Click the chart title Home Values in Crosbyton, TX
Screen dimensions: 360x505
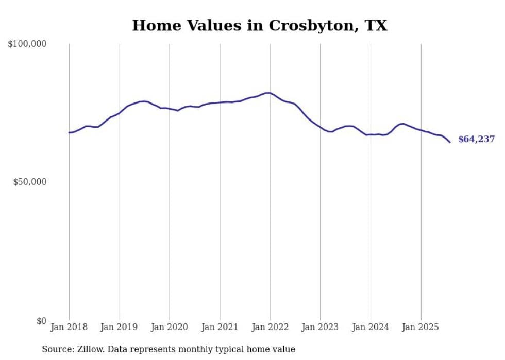tap(259, 25)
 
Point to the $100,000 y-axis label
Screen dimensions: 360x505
tap(27, 44)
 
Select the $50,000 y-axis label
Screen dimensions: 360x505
tap(30, 182)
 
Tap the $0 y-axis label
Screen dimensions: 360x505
tap(41, 321)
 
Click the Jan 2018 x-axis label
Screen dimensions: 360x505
tap(69, 327)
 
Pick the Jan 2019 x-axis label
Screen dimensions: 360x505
tap(120, 327)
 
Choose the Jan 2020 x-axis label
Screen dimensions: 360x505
tap(170, 327)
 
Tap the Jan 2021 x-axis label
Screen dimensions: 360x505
tap(220, 327)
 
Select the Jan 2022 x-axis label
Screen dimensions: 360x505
tap(270, 327)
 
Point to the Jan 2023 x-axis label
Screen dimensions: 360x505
tap(321, 327)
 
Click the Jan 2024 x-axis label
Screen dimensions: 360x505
tap(371, 327)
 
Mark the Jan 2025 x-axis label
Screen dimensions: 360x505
tap(421, 327)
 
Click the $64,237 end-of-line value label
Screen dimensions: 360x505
tap(476, 140)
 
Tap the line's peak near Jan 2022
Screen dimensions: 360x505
tap(268, 93)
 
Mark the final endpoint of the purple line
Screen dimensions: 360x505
tap(450, 142)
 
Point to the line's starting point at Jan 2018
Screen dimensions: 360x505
tap(69, 132)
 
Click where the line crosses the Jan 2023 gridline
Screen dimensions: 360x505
tap(321, 127)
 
